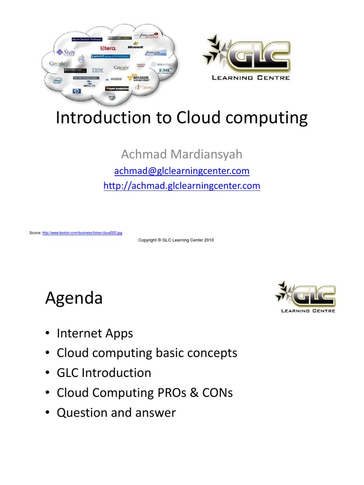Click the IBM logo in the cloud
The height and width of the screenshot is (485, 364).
(x=97, y=71)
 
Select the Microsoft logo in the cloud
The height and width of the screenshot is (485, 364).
(x=136, y=47)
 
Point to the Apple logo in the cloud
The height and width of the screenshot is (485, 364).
(x=81, y=59)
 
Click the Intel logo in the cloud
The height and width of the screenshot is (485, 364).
(x=57, y=81)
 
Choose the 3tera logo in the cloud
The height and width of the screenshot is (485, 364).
(x=109, y=48)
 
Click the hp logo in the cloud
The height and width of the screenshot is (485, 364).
(x=77, y=91)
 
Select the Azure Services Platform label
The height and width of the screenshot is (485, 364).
(x=87, y=39)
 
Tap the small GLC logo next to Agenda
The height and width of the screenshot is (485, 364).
(x=305, y=297)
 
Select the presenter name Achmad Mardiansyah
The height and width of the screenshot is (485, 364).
(x=182, y=154)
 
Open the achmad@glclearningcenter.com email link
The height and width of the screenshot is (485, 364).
(x=182, y=171)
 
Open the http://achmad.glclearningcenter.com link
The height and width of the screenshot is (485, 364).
(x=182, y=186)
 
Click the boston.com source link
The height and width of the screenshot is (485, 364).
(x=82, y=233)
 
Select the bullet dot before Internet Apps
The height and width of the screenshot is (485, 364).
(x=48, y=333)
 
